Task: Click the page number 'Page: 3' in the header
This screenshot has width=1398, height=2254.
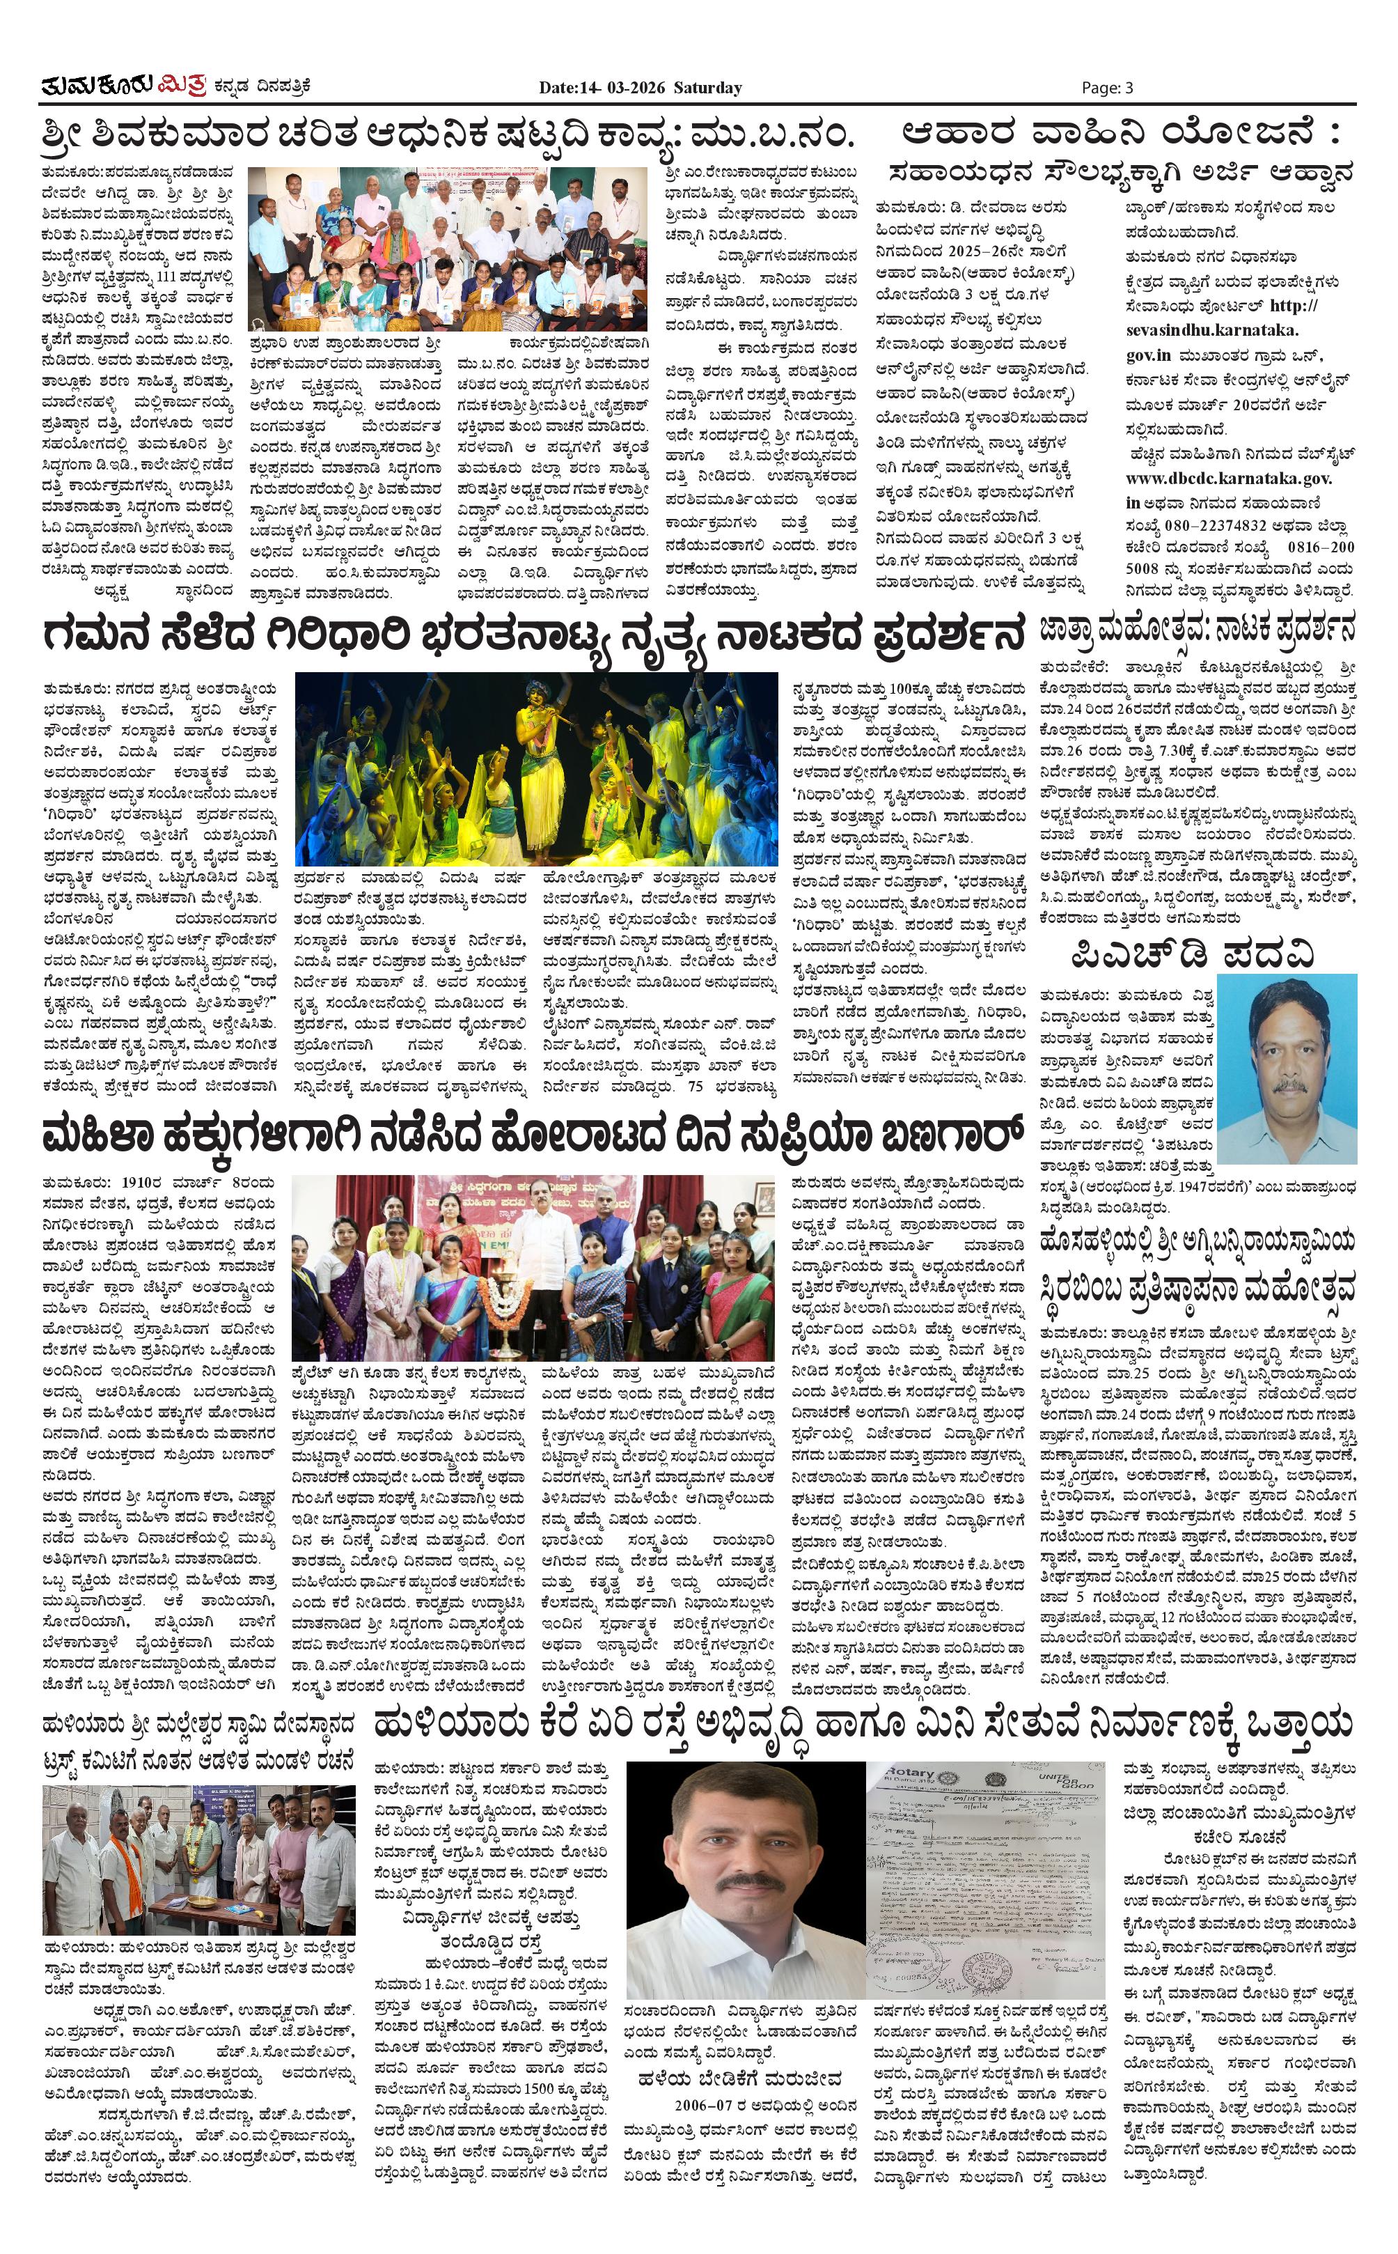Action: (1107, 88)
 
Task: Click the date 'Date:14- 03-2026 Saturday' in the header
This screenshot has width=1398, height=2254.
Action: (640, 88)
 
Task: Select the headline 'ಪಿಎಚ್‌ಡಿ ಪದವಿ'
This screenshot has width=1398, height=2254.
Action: (1192, 954)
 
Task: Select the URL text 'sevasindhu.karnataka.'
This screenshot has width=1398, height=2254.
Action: (1212, 330)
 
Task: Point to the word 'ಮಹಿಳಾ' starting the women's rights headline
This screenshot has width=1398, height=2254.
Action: (102, 1133)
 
